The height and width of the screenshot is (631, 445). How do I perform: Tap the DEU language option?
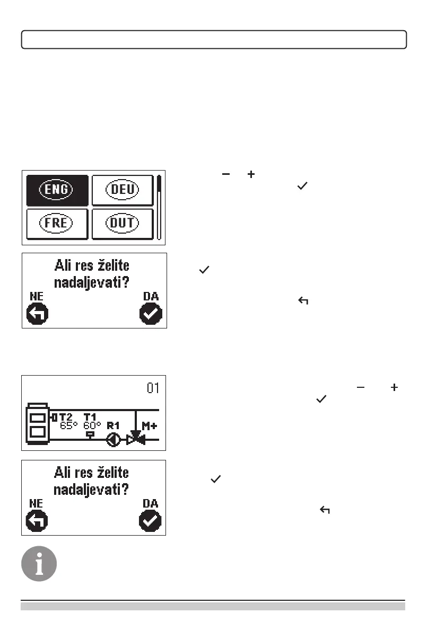(122, 189)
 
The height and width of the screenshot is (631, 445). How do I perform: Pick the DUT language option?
(122, 223)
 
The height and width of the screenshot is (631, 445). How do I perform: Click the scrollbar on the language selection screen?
(159, 207)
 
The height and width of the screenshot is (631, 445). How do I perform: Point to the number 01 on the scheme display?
(153, 388)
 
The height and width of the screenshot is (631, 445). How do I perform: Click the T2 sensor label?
(65, 417)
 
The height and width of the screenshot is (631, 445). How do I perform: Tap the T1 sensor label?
(91, 417)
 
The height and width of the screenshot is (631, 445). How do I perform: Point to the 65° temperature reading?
(69, 424)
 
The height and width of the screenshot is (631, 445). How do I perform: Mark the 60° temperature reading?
(92, 424)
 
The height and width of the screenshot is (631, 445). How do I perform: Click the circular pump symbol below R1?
(113, 439)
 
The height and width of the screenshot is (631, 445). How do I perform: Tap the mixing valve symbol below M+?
(136, 439)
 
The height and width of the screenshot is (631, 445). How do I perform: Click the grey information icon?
(39, 563)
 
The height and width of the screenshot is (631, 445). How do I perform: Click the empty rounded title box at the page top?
(214, 40)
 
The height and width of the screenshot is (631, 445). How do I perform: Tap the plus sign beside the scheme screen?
(394, 388)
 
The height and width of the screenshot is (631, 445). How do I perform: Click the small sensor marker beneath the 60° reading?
(90, 433)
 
